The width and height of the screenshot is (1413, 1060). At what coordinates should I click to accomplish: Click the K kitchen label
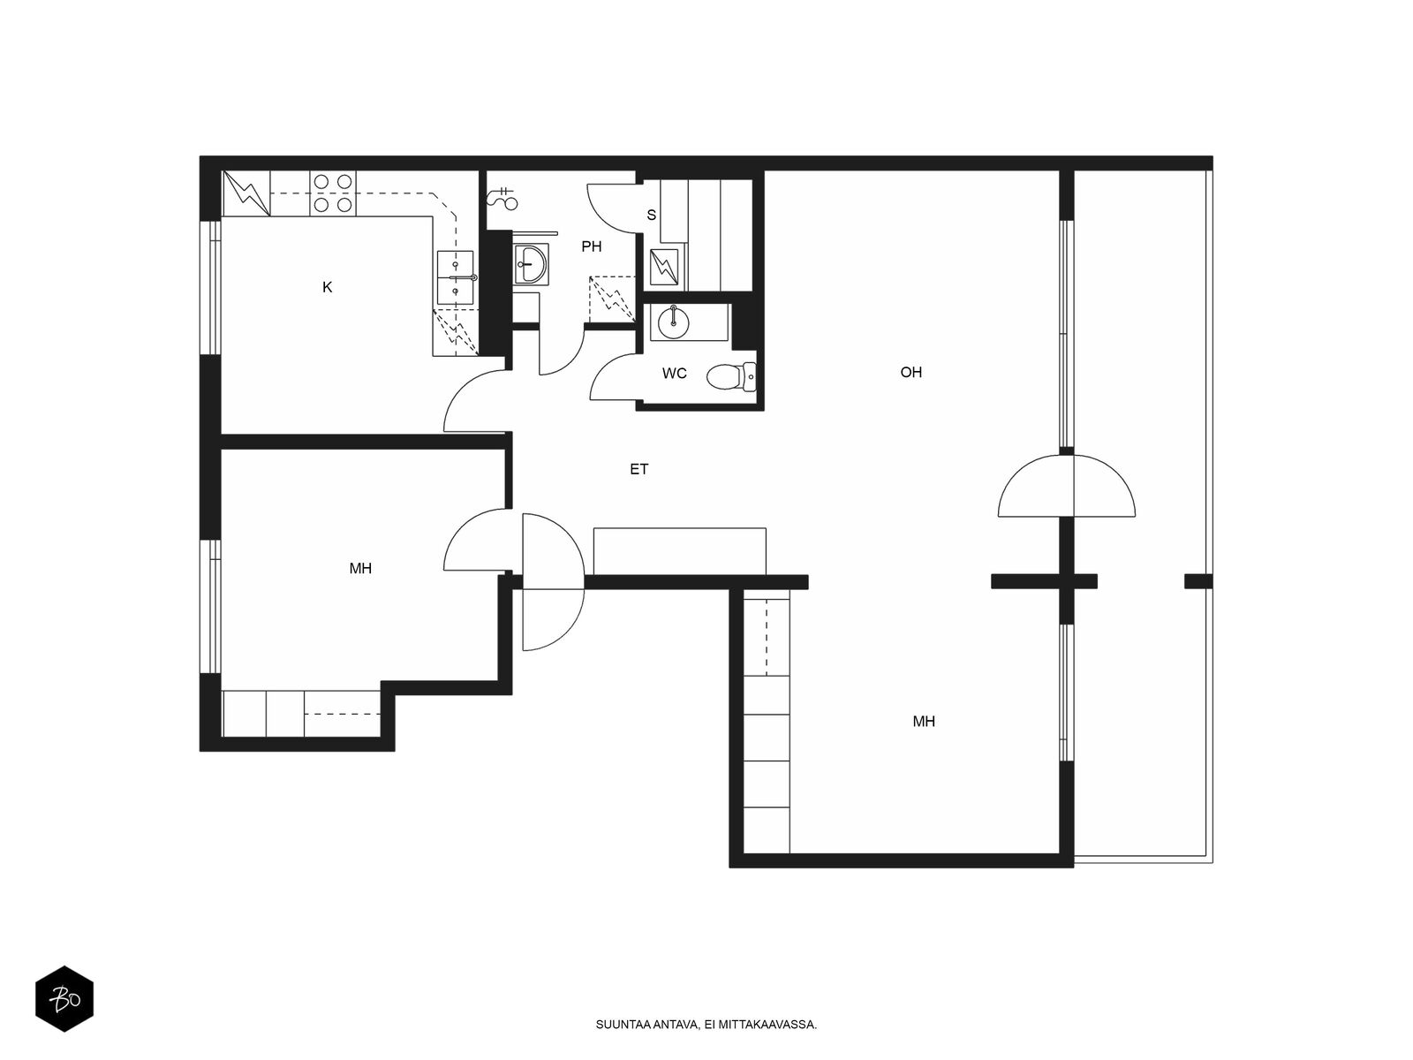pyautogui.click(x=327, y=288)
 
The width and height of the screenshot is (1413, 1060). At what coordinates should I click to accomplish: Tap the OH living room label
pyautogui.click(x=911, y=372)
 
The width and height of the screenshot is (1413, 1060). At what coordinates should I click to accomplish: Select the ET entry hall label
pyautogui.click(x=638, y=469)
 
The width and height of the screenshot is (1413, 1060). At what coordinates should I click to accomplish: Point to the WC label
pyautogui.click(x=674, y=374)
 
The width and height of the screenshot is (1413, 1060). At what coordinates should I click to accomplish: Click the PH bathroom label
pyautogui.click(x=591, y=246)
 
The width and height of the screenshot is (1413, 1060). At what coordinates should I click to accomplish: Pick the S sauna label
pyautogui.click(x=652, y=215)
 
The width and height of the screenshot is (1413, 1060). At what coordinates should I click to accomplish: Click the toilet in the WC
pyautogui.click(x=730, y=377)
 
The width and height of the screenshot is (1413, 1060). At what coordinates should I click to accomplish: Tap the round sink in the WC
pyautogui.click(x=673, y=322)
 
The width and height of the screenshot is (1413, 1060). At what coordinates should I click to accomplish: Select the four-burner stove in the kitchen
pyautogui.click(x=333, y=193)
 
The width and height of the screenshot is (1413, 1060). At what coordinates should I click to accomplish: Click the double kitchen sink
pyautogui.click(x=455, y=277)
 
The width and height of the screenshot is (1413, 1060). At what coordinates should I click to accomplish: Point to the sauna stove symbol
pyautogui.click(x=664, y=267)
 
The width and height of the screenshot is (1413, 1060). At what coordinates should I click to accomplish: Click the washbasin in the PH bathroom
pyautogui.click(x=531, y=264)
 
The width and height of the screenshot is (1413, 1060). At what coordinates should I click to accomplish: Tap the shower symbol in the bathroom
pyautogui.click(x=502, y=199)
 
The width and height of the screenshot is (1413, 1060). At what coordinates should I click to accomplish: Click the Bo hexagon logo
pyautogui.click(x=64, y=999)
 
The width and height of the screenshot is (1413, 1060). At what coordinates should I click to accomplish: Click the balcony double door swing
pyautogui.click(x=1067, y=486)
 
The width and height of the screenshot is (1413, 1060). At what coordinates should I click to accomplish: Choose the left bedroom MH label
pyautogui.click(x=360, y=568)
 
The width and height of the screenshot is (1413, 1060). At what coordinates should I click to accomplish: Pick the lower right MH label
pyautogui.click(x=924, y=722)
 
